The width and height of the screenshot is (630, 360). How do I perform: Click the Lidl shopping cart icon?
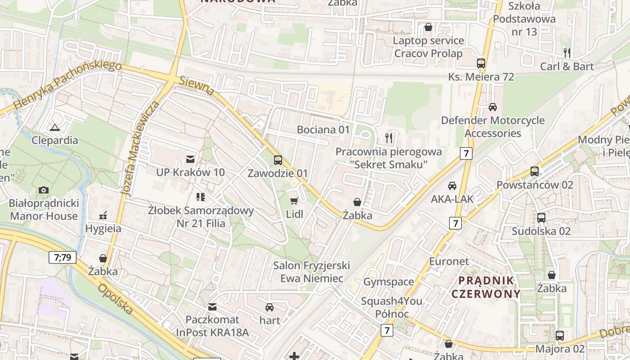point(294,201)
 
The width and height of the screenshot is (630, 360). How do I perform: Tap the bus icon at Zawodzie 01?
point(278,160)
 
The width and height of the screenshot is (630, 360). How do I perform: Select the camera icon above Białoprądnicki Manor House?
point(44,190)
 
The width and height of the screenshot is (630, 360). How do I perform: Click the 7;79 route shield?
point(63,257)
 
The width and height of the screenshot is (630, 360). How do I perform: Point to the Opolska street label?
point(116,299)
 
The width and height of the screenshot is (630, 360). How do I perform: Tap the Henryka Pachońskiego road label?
point(68,85)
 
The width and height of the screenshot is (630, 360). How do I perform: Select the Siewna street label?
point(197,85)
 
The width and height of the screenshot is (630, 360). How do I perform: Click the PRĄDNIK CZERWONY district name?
point(486,288)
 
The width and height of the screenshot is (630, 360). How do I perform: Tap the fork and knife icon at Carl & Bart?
point(567,53)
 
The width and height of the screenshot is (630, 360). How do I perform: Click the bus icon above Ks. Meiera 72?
point(481,63)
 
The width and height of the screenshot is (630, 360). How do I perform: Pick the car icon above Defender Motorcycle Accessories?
point(493,107)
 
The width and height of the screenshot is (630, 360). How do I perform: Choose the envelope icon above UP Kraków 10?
point(190,159)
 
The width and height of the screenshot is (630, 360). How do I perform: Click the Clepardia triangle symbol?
point(55,127)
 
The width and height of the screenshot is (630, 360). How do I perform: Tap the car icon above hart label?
point(270,307)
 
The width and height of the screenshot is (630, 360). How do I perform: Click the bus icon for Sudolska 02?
point(541,218)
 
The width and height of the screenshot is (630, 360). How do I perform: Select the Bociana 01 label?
point(323,130)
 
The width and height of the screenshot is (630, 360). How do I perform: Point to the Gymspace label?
point(388,282)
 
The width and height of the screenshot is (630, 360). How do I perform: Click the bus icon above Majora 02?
point(560,336)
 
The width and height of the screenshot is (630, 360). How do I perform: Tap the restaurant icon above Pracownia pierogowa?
point(389,138)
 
